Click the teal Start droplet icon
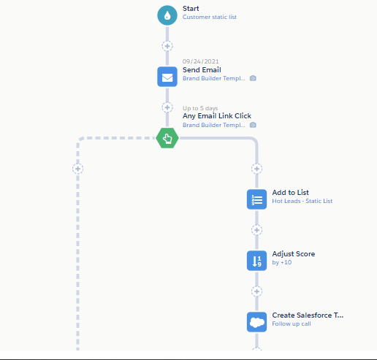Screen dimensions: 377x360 pos(167,15)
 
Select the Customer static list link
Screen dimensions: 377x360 pos(210,17)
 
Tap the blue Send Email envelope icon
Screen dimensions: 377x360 pos(167,77)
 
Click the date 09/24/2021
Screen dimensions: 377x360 pos(201,61)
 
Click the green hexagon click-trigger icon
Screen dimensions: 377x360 pos(167,138)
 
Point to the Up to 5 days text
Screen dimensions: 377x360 pos(200,108)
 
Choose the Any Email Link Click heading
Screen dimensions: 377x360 pos(217,116)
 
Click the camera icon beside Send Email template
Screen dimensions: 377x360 pos(253,78)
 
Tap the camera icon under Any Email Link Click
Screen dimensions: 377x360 pos(253,125)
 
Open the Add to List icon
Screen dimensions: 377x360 pos(256,199)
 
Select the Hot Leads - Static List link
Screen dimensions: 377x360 pos(302,201)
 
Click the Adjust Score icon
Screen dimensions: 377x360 pos(256,261)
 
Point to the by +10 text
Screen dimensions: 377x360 pos(282,262)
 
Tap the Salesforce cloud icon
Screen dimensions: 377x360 pos(256,322)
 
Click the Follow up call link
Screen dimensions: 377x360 pos(292,323)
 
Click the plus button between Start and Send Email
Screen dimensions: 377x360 pos(167,46)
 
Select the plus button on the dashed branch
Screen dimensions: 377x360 pos(78,169)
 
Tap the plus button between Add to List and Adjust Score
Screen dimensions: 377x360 pos(256,230)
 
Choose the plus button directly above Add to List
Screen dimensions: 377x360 pos(256,169)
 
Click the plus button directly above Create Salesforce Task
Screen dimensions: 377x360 pos(256,291)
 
